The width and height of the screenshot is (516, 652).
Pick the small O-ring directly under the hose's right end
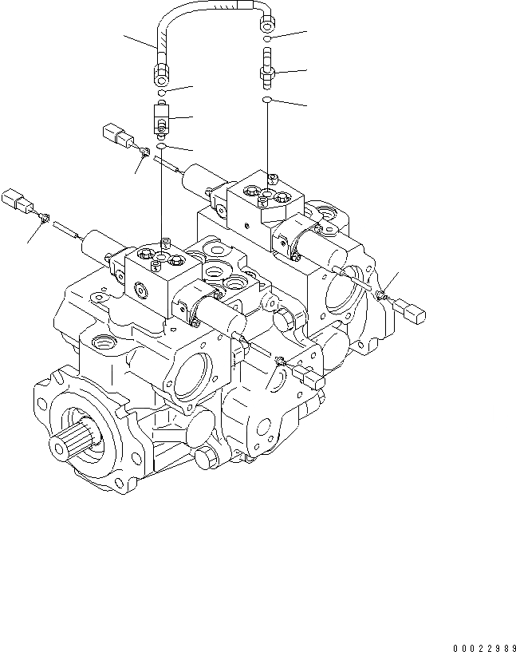click(x=270, y=38)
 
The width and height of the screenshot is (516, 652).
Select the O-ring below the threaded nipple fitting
click(x=270, y=100)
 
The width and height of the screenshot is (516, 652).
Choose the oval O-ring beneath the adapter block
click(x=161, y=147)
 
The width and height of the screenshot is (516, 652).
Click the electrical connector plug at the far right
click(x=414, y=310)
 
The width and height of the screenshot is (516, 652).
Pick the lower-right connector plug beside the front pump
click(x=308, y=376)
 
